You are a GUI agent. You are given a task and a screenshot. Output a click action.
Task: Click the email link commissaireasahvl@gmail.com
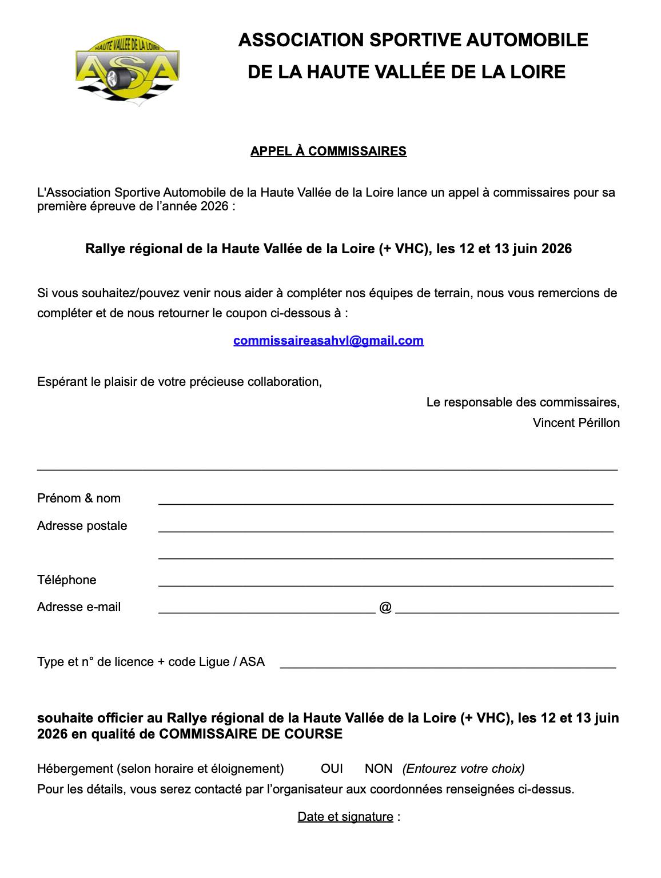328,341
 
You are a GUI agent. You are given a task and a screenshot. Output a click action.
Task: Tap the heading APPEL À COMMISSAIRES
328,151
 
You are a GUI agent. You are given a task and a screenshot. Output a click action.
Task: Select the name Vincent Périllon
576,423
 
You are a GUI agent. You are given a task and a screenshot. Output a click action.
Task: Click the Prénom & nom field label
79,498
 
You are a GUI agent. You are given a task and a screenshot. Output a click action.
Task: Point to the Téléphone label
67,580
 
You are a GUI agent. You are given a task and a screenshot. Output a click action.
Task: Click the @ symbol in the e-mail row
385,607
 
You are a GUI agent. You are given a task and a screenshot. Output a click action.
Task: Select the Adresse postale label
82,526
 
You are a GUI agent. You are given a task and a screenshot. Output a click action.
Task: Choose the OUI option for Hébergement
332,769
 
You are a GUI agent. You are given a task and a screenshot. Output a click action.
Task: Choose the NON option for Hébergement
379,769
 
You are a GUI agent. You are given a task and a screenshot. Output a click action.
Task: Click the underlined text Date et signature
345,817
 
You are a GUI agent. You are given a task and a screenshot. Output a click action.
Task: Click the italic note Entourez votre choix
463,769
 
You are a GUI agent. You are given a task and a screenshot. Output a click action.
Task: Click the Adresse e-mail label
79,607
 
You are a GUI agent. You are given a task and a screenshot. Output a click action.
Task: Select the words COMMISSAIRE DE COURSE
250,734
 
